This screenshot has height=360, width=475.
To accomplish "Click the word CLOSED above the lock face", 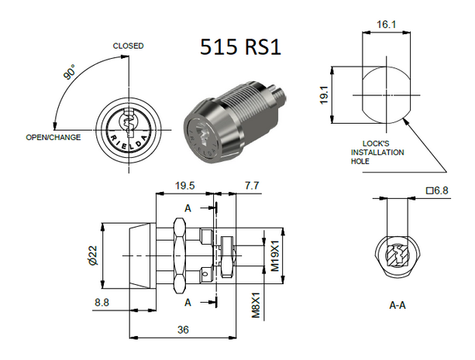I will point(128,46).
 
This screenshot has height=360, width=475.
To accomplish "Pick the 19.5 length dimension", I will point(184,186).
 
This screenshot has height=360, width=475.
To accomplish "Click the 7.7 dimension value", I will point(253,186).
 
